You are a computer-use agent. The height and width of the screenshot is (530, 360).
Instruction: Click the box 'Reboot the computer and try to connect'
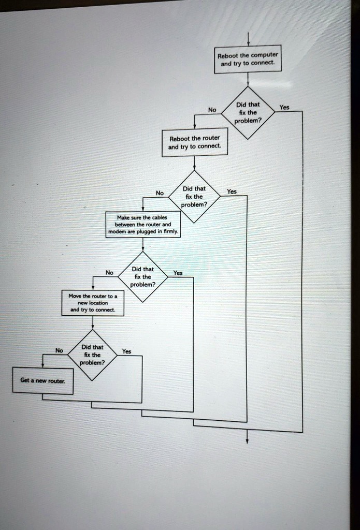248,60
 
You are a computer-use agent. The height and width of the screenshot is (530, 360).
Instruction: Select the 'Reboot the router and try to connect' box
194,142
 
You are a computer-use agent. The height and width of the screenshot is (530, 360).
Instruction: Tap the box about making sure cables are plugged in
143,225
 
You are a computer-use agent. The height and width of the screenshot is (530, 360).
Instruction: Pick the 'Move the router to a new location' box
93,303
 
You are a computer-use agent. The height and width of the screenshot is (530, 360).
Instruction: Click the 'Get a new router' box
42,381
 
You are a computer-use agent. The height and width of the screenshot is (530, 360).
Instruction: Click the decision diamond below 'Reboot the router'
194,196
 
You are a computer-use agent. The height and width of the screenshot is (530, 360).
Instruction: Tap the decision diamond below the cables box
142,276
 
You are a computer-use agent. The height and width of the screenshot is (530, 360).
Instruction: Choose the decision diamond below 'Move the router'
93,355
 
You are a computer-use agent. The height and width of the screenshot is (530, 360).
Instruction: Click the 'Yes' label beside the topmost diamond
284,108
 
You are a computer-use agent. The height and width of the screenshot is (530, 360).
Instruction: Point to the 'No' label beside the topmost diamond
211,110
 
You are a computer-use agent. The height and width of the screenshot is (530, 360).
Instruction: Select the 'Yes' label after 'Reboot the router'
232,192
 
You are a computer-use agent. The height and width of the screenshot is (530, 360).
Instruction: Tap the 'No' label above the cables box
160,193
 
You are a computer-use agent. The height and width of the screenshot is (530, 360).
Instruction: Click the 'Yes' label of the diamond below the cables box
178,273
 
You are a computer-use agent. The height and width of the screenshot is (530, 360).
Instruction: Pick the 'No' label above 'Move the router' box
109,273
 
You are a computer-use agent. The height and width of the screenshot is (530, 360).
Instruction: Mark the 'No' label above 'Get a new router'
60,350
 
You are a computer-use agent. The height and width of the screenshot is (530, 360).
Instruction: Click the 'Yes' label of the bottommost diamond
126,351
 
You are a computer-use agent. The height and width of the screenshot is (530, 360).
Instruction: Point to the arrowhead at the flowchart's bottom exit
247,441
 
